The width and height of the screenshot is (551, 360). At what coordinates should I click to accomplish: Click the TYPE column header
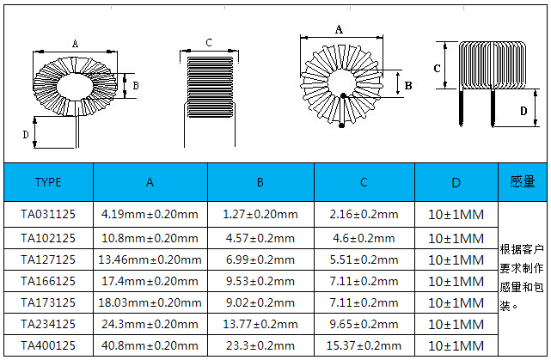click(x=48, y=182)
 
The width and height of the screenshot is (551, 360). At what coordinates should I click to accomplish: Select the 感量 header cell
click(x=522, y=182)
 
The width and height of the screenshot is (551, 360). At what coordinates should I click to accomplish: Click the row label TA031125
click(x=48, y=214)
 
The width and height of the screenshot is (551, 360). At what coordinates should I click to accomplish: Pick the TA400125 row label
click(x=48, y=345)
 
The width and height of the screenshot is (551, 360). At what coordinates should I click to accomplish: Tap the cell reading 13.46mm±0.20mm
click(x=150, y=259)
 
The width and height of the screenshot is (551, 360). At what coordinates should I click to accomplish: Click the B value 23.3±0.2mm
click(x=260, y=345)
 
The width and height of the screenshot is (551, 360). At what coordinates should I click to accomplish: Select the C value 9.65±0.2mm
click(x=364, y=324)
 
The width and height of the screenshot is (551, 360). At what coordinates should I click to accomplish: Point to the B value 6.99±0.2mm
click(x=260, y=259)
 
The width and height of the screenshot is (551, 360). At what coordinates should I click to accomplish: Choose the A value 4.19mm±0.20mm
click(x=150, y=214)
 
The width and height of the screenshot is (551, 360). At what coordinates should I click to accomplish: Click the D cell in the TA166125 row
click(x=456, y=281)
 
